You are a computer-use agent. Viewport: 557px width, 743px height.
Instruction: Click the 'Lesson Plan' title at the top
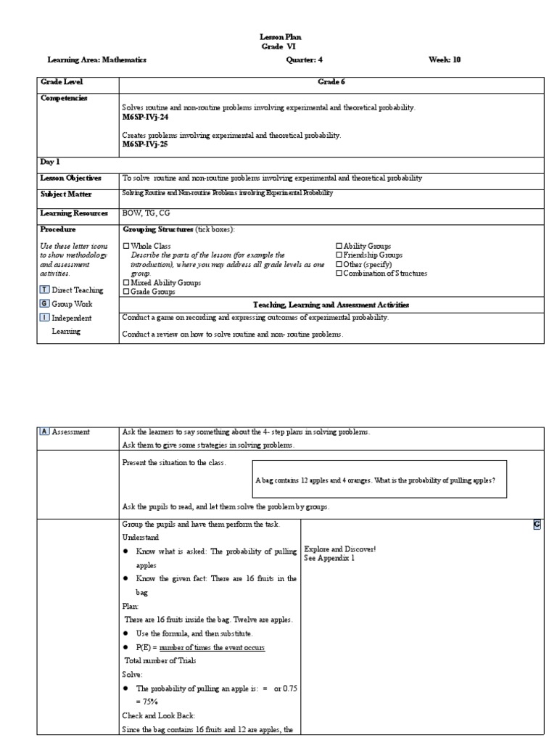coord(280,36)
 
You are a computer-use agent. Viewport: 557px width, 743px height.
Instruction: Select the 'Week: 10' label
coord(444,59)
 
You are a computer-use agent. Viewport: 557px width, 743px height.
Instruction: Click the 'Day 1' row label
coord(51,163)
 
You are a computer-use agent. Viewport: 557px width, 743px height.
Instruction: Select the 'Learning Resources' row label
coord(74,213)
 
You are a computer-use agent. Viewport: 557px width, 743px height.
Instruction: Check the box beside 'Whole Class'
coord(126,247)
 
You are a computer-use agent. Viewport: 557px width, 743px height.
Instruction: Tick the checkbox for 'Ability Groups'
coord(339,247)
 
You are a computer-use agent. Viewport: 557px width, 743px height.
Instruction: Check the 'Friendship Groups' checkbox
coord(339,255)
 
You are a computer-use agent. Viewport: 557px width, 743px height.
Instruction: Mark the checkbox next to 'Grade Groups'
coord(126,292)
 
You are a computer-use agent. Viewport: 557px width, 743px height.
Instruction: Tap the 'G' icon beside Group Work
coord(44,304)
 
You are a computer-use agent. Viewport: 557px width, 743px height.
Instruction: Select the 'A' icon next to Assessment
coord(44,432)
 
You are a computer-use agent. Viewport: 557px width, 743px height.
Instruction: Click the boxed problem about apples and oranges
coord(379,480)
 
